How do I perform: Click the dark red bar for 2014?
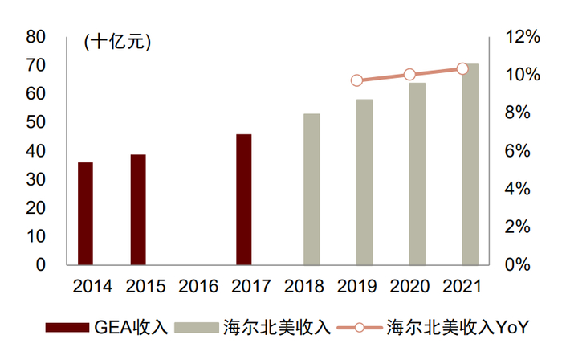click(x=85, y=213)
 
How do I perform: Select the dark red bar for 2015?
click(x=138, y=209)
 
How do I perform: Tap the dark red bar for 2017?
click(x=244, y=199)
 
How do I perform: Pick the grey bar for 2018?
click(x=312, y=189)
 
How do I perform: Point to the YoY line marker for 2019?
click(x=357, y=80)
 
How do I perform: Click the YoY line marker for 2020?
click(x=409, y=75)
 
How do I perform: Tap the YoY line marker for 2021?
click(x=462, y=69)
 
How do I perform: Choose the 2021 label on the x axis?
click(x=462, y=286)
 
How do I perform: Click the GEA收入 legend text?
click(x=131, y=328)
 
